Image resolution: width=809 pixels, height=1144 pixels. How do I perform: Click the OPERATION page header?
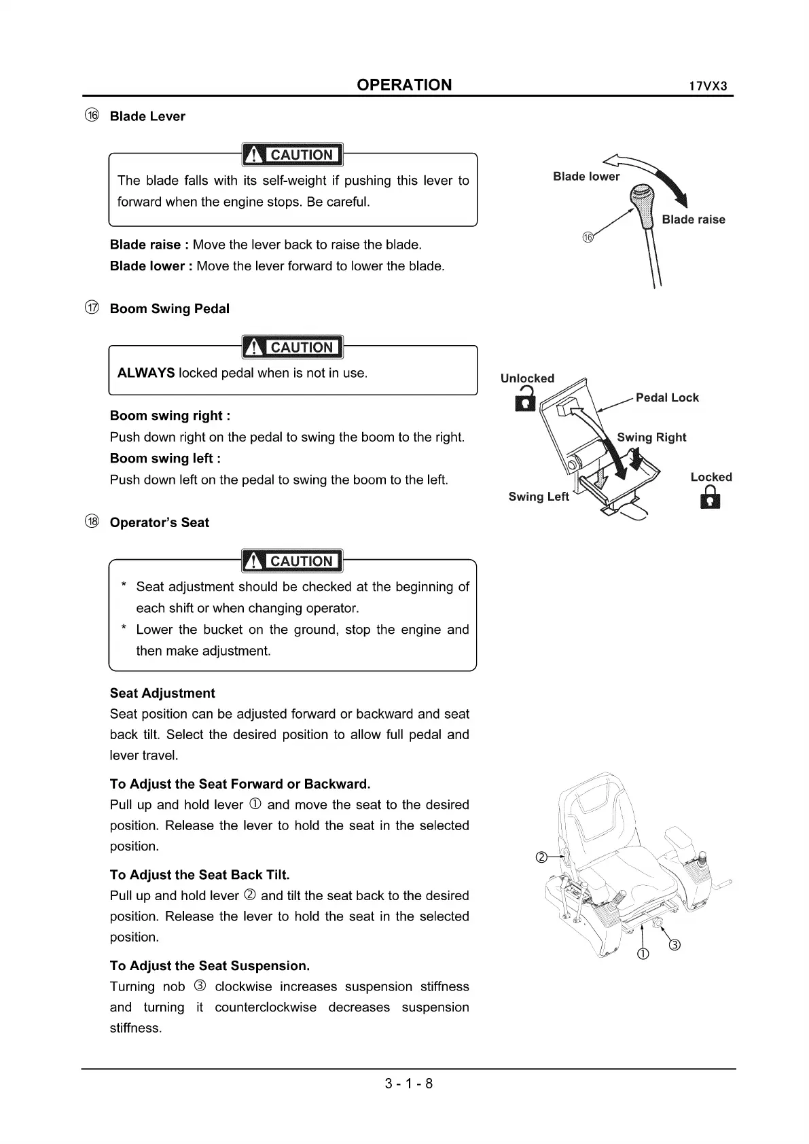point(403,85)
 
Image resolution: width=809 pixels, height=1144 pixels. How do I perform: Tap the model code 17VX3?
point(708,87)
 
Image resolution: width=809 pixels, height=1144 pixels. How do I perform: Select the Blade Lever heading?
point(147,116)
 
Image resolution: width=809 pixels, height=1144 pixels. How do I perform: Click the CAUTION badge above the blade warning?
point(293,155)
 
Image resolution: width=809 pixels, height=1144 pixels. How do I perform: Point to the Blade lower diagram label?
point(586,177)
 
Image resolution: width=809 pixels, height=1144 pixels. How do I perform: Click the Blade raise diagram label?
point(693,219)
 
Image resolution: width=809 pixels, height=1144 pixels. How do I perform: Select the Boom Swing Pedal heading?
point(169,308)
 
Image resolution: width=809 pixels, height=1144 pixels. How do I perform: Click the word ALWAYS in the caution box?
point(145,373)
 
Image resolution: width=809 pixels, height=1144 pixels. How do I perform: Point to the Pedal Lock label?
point(666,398)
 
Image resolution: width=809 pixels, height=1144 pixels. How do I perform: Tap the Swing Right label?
point(651,437)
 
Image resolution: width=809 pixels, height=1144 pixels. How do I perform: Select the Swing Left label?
point(538,497)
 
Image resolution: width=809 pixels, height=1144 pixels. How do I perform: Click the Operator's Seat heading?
point(159,522)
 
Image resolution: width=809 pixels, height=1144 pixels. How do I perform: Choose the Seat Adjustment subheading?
point(162,693)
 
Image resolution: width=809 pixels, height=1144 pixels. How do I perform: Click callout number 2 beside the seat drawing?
point(541,857)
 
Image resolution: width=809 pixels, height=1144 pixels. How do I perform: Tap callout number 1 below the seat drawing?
point(643,954)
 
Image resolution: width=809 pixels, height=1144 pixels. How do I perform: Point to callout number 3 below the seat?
point(674,946)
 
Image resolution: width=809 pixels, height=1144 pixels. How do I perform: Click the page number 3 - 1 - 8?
point(408,1084)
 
